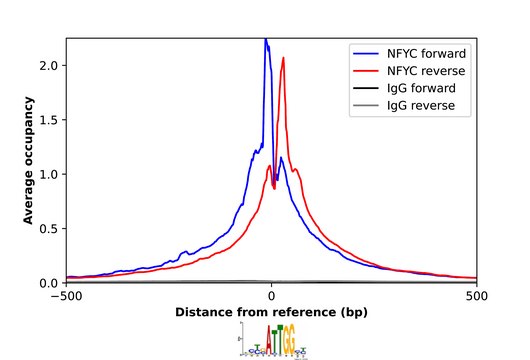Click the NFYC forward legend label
point(428,52)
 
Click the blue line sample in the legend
point(366,52)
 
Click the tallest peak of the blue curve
point(265,40)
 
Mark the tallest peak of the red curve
point(283,58)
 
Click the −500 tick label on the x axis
point(66,297)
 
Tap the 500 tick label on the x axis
point(478,297)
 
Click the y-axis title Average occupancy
point(30,160)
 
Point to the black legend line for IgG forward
point(366,88)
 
